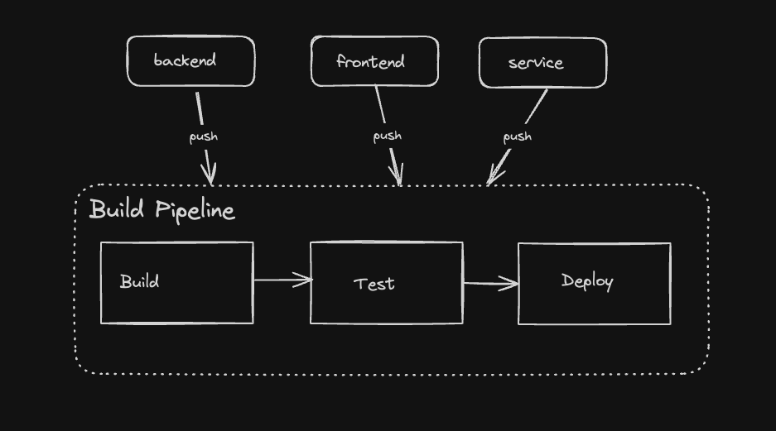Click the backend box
pos(190,61)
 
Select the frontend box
pos(374,61)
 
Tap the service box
pos(542,63)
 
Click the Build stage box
pos(176,282)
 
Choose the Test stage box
pos(386,283)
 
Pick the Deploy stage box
pos(594,283)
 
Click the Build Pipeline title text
pos(161,210)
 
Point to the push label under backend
pos(204,136)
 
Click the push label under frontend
pos(387,136)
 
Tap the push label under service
pos(518,136)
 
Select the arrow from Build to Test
pos(282,280)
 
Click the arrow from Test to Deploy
pos(490,284)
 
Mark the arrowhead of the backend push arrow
pos(210,175)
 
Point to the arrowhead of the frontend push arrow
pos(398,176)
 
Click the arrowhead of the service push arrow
pos(494,176)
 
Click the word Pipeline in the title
pos(195,211)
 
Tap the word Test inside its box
pos(374,284)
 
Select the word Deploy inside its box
pos(587,281)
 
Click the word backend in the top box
pos(185,60)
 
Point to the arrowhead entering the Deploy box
pos(512,284)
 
